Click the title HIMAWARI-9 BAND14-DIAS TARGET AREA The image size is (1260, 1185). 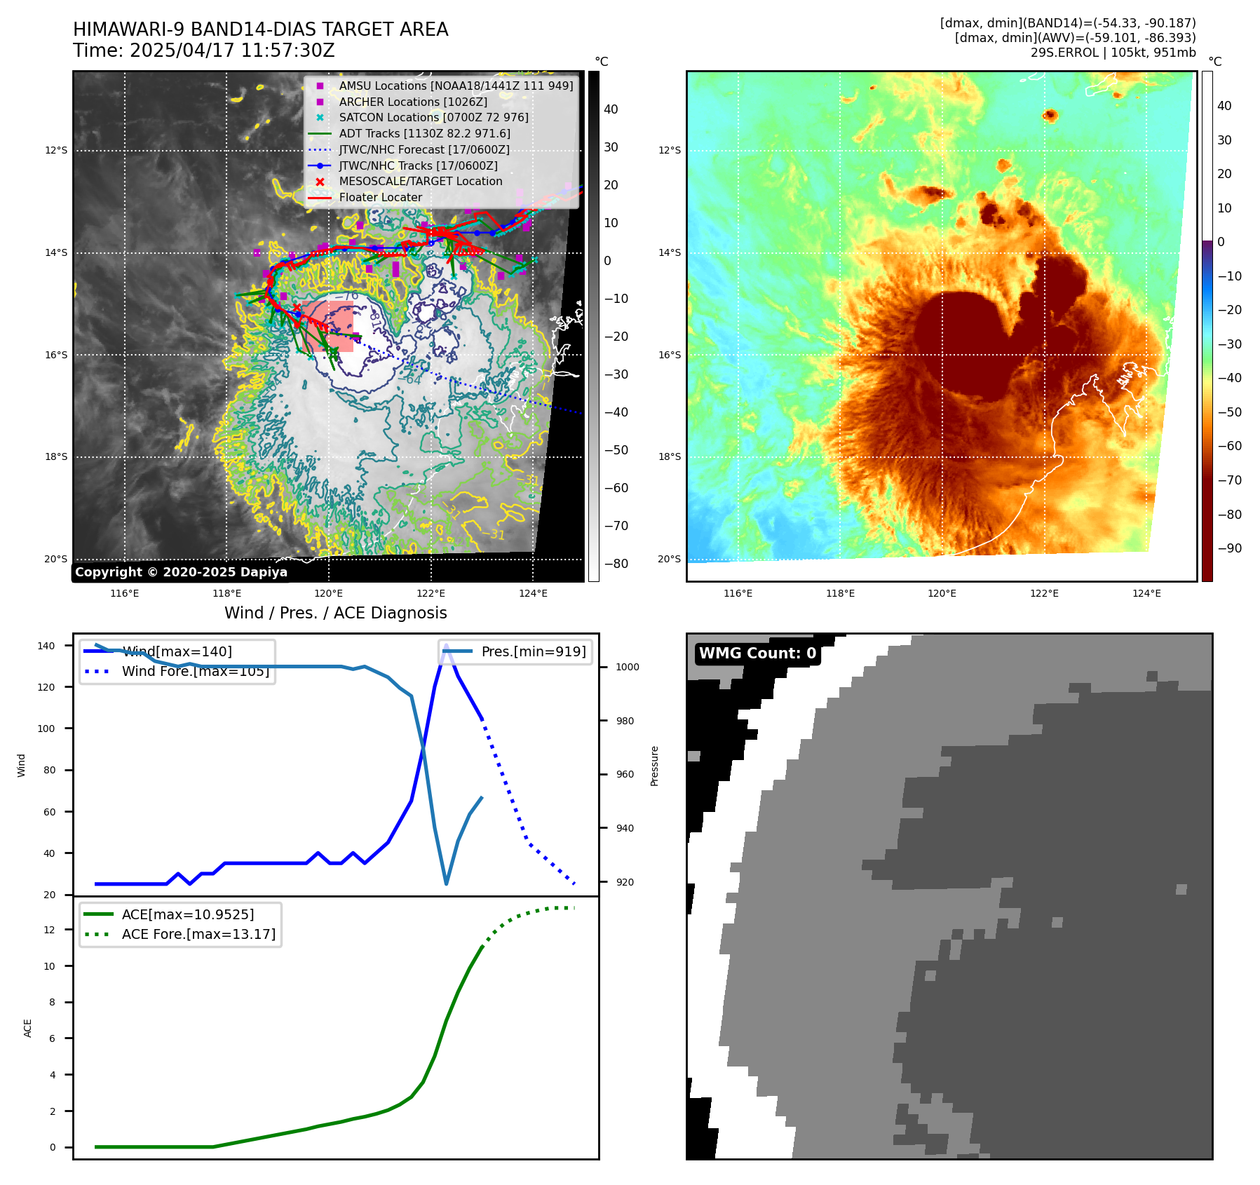tap(260, 29)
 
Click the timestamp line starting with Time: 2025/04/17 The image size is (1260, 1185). tap(203, 50)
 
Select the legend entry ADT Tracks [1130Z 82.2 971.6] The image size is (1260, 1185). tap(424, 133)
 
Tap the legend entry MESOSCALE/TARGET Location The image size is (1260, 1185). tap(420, 181)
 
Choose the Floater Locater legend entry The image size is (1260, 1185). tap(380, 197)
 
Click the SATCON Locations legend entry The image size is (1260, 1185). tap(433, 117)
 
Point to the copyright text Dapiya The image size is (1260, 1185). tap(181, 572)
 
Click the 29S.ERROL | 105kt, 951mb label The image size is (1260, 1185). tap(1113, 53)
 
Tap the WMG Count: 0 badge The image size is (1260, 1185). tap(757, 654)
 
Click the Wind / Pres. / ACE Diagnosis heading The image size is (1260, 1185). tap(335, 613)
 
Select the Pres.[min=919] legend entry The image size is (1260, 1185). tap(533, 651)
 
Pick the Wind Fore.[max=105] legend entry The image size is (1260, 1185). tap(195, 671)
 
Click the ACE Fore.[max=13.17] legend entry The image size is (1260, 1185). tap(198, 934)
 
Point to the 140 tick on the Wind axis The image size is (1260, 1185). tap(46, 646)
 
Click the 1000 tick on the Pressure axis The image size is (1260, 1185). tap(627, 667)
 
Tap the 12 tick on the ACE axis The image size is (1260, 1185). tap(49, 930)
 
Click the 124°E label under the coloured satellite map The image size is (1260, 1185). tap(1146, 593)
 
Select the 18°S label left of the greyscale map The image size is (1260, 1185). tap(56, 456)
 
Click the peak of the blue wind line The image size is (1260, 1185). tap(446, 645)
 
